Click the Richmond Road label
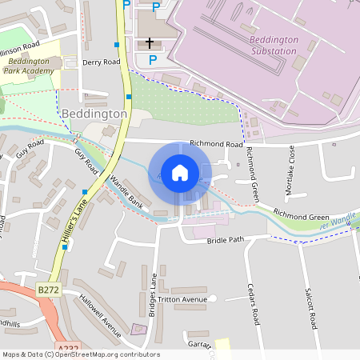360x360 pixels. [x=215, y=145]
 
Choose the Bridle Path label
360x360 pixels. [x=224, y=240]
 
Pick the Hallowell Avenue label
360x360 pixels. [x=100, y=315]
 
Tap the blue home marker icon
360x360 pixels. [x=180, y=173]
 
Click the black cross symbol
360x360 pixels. [x=150, y=42]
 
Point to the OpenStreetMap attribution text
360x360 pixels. [x=80, y=354]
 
